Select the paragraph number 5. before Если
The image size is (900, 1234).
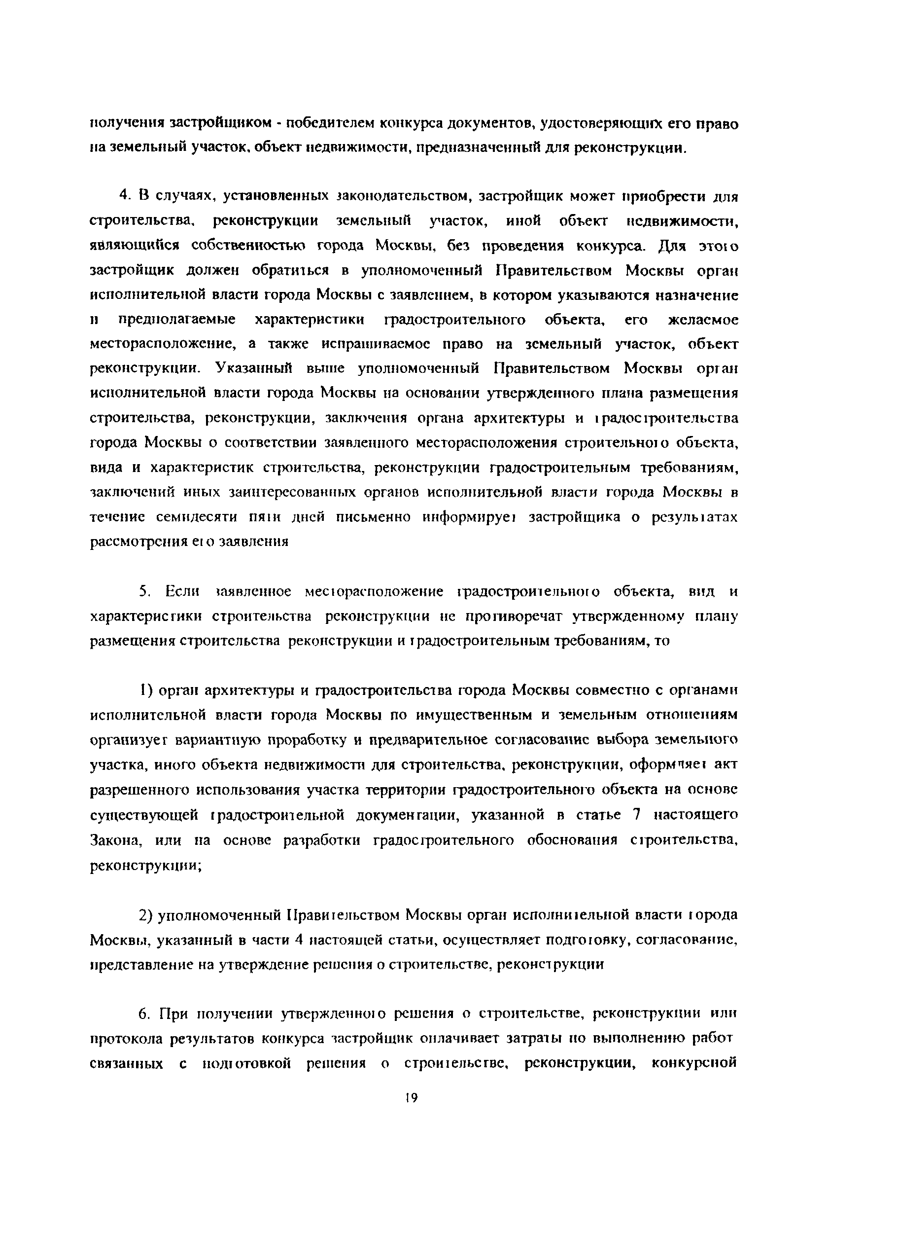tap(144, 591)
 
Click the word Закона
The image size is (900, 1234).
tap(116, 840)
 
